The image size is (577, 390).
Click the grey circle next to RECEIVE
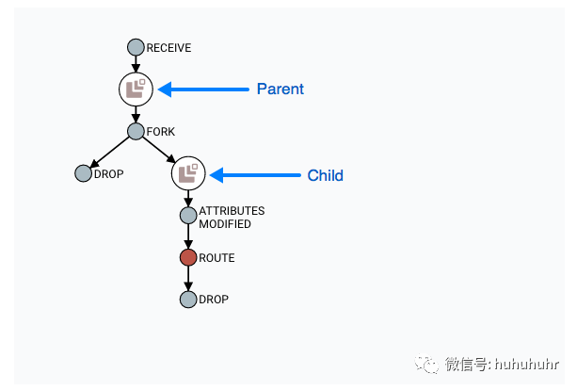[x=136, y=47]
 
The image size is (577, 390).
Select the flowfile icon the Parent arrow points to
[x=136, y=89]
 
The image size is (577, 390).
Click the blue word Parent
[x=280, y=89]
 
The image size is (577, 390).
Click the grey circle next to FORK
[x=136, y=132]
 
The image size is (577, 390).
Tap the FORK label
[x=161, y=132]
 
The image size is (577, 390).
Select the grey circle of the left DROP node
[x=83, y=173]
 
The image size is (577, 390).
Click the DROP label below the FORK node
[x=109, y=173]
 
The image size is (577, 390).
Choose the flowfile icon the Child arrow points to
[x=187, y=173]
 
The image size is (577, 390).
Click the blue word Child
[x=326, y=175]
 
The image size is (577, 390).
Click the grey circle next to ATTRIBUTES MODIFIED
[x=187, y=216]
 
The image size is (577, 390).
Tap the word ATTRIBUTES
[x=232, y=211]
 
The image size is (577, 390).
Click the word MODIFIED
[x=225, y=224]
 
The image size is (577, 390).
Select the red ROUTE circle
[x=187, y=257]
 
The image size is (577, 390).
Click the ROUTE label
[x=216, y=257]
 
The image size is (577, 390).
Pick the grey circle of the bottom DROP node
[x=187, y=300]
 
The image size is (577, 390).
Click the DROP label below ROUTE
[x=214, y=300]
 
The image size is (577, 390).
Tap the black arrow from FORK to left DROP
[x=109, y=153]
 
